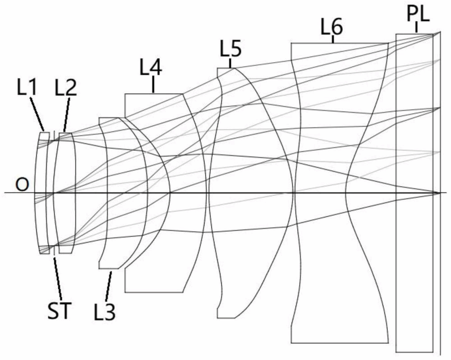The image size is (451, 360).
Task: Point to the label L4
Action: (x=151, y=68)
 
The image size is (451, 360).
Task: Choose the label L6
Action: (x=331, y=28)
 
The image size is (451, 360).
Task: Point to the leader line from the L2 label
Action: (x=67, y=114)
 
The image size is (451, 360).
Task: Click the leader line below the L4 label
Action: (x=153, y=85)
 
